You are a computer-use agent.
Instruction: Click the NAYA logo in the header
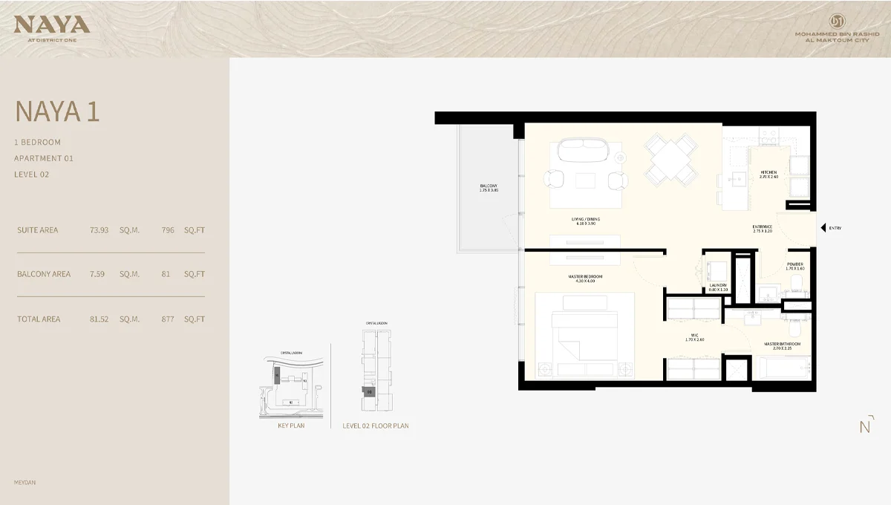(51, 25)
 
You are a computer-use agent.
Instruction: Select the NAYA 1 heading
(57, 111)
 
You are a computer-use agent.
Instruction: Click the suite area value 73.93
(99, 230)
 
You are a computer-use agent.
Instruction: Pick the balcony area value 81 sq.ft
(166, 274)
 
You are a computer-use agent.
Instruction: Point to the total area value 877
(168, 319)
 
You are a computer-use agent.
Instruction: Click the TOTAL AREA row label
(39, 319)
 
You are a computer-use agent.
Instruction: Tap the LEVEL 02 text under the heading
(31, 175)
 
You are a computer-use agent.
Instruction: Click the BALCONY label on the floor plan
(488, 186)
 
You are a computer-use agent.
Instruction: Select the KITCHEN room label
(768, 172)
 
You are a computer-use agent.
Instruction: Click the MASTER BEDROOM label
(585, 277)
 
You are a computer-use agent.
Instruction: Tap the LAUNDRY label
(717, 285)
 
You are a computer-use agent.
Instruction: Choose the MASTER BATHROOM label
(783, 344)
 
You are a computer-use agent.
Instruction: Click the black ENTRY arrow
(822, 228)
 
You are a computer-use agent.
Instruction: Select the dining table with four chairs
(670, 158)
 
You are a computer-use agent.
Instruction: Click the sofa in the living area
(584, 151)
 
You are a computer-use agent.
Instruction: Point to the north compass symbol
(864, 426)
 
